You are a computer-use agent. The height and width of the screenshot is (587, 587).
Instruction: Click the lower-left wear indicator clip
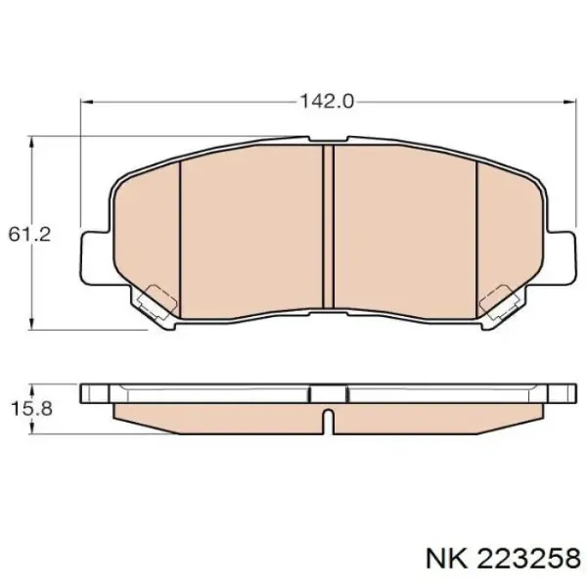point(155,303)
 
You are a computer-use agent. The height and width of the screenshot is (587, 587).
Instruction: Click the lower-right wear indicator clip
point(501,303)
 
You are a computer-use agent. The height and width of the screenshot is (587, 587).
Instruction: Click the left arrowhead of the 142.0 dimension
point(85,101)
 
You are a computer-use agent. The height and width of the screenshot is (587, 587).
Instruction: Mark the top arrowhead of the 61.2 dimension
point(34,143)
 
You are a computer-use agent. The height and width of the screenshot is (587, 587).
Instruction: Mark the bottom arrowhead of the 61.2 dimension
point(34,325)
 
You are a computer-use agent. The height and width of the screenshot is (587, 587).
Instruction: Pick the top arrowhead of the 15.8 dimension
point(34,385)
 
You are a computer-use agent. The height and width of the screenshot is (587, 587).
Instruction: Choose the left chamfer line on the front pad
point(182,235)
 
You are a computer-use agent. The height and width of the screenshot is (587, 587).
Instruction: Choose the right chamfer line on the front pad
point(475,235)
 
